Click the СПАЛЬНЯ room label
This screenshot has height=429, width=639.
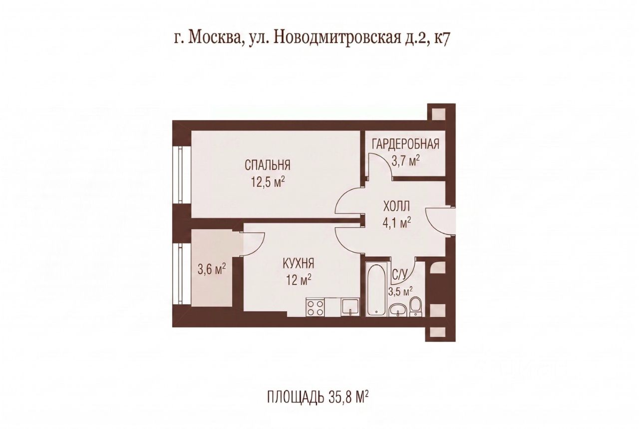click(268, 165)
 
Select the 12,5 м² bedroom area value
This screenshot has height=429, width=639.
click(268, 181)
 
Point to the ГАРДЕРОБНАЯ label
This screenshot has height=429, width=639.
click(405, 145)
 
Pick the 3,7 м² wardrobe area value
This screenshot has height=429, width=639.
click(405, 161)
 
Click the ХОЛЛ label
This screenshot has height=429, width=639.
click(396, 206)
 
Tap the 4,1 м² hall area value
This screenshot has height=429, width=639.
click(396, 222)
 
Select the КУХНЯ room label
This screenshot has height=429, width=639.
click(299, 263)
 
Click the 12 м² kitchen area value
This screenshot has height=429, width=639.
click(299, 280)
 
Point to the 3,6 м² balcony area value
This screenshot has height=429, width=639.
click(212, 269)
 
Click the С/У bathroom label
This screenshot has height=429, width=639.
click(399, 274)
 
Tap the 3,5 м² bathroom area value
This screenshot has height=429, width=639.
click(400, 292)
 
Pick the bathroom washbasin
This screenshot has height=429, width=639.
click(398, 311)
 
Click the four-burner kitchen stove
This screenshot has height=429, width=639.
click(315, 308)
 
